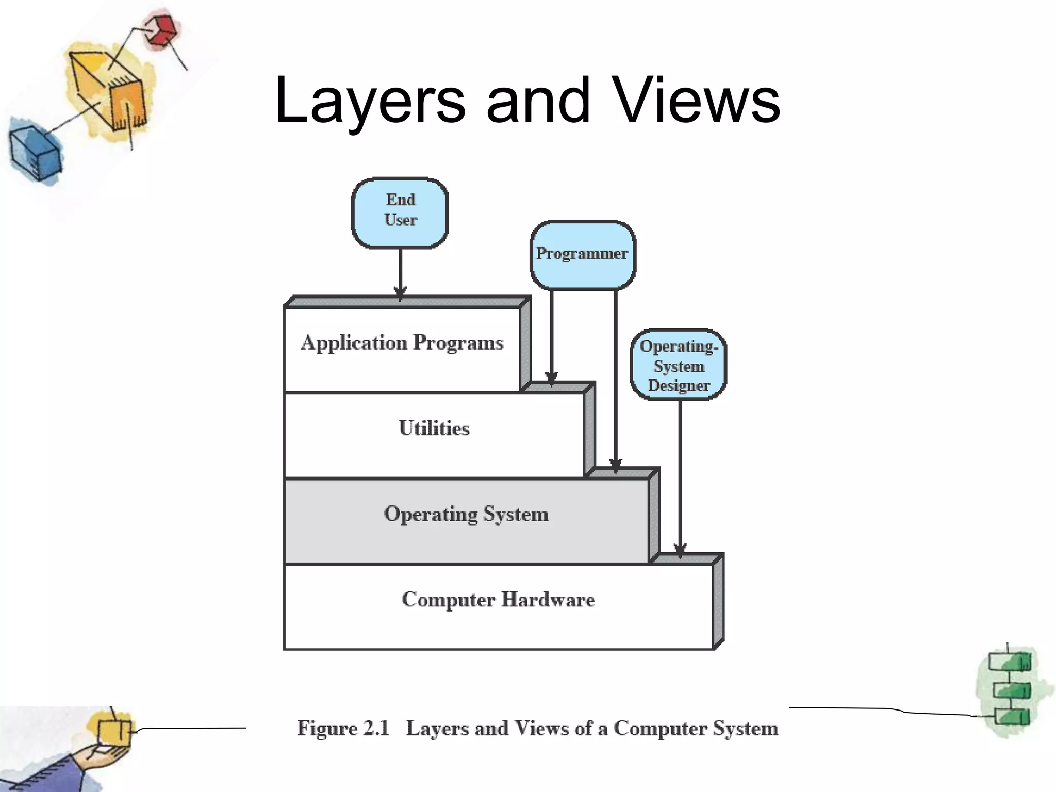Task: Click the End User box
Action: tap(400, 212)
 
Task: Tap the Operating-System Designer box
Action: tap(679, 365)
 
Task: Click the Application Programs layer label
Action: tap(402, 343)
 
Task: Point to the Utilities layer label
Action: tap(434, 428)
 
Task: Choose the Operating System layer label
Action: tap(466, 514)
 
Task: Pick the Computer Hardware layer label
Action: tap(498, 600)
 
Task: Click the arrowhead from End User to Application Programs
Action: tap(400, 293)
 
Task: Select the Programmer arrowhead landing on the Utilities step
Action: tap(551, 379)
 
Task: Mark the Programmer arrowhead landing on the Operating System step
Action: tap(616, 466)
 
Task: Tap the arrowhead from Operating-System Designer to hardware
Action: tap(680, 551)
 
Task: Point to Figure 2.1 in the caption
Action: tap(343, 728)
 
